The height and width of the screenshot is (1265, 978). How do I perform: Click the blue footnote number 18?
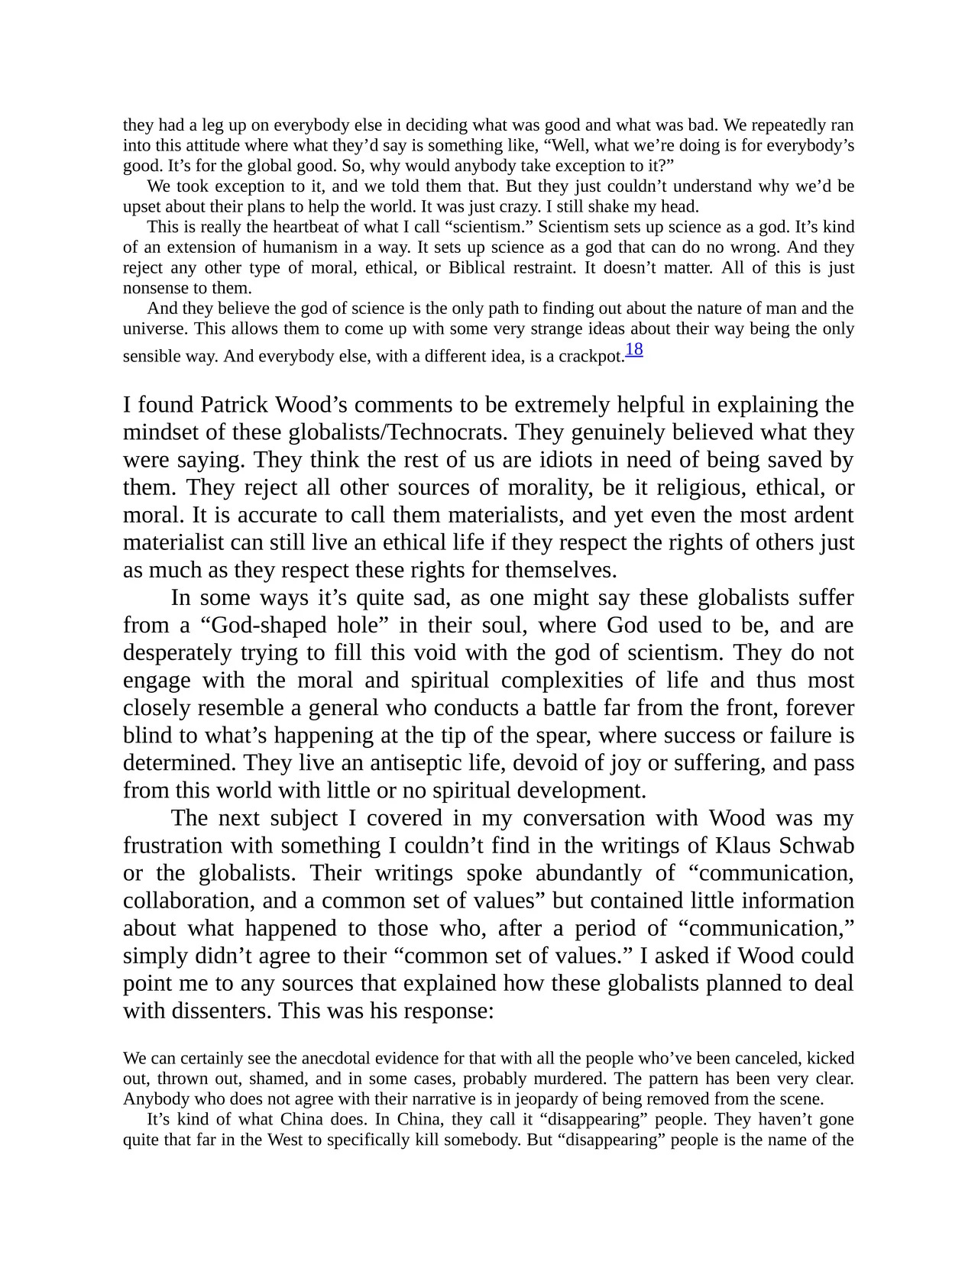634,350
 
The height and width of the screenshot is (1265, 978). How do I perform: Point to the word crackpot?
592,357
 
